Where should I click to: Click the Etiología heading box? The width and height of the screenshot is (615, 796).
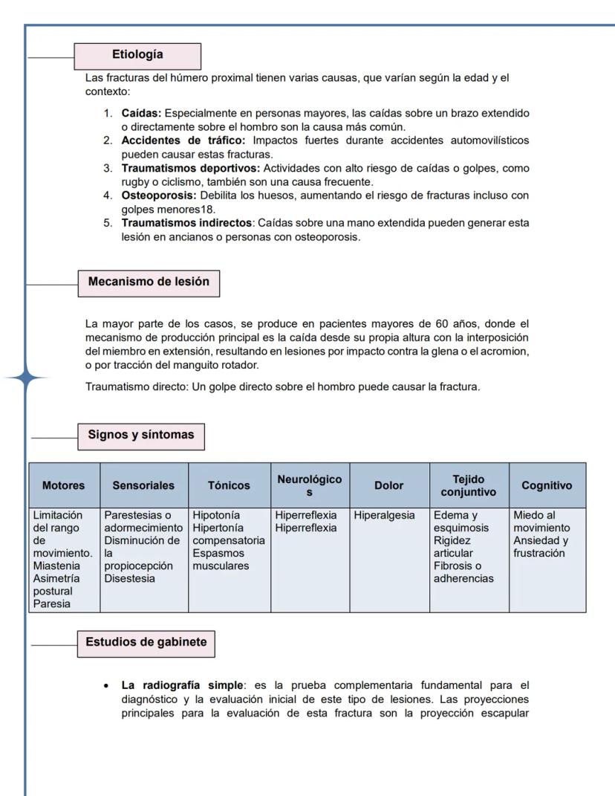coord(138,55)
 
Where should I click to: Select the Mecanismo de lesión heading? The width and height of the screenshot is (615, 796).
coord(149,282)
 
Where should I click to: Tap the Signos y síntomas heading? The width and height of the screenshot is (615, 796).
coord(141,436)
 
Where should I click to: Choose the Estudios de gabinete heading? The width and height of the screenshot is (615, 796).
coord(146,643)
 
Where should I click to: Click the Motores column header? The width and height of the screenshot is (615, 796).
coord(64,485)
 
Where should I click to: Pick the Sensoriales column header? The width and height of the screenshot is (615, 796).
coord(144,485)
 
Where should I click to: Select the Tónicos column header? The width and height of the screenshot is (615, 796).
coord(230,485)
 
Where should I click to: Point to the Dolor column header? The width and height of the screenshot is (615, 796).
coord(389,485)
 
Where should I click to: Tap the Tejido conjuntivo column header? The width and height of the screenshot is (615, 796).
coord(469,485)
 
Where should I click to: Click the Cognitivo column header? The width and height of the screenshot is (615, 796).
coord(547,485)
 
